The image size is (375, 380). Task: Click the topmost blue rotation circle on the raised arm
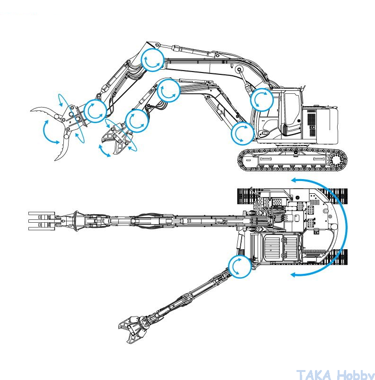(152, 60)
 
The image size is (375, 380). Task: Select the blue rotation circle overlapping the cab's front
(262, 100)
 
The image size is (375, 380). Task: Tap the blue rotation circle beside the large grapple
(95, 110)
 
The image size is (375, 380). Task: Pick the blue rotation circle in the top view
(239, 266)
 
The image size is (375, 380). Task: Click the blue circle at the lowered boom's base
(242, 133)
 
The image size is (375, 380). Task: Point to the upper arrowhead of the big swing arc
(294, 180)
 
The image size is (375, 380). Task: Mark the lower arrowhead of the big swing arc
(294, 274)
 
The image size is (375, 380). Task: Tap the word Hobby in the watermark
(353, 375)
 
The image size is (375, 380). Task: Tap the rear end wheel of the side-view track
(340, 160)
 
